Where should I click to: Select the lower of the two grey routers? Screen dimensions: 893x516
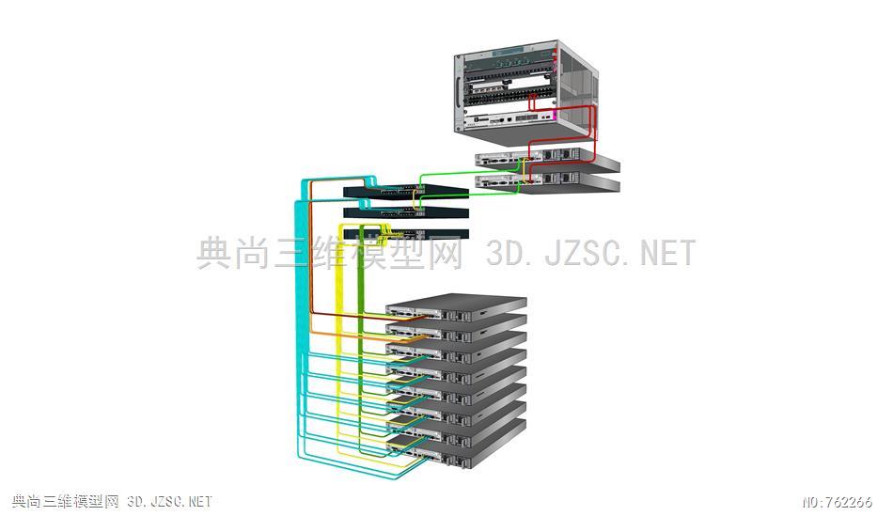point(547,183)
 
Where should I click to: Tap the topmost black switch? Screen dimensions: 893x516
point(406,192)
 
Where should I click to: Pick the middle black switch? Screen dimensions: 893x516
point(406,213)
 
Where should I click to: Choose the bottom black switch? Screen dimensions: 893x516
point(406,234)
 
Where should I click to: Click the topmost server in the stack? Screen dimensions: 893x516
point(456,307)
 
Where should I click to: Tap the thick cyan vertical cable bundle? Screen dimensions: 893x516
point(301,319)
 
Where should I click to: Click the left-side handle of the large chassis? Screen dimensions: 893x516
point(458,91)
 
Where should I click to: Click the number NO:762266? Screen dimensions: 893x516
point(837,502)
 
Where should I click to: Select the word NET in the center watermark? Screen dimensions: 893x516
point(667,252)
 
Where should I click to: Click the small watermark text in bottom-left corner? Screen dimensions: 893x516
point(112,501)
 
